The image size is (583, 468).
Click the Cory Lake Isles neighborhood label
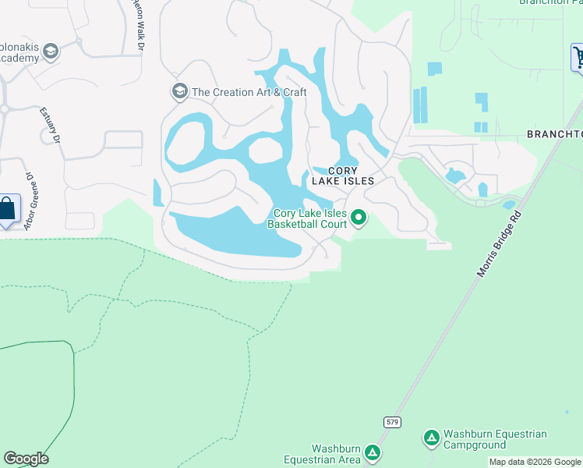(343, 175)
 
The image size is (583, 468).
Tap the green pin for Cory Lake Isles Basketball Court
(359, 218)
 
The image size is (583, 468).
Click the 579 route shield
(392, 421)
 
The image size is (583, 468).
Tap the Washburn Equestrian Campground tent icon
(432, 438)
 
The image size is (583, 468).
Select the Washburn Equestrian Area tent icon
(373, 452)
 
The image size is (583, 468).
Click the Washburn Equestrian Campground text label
(495, 440)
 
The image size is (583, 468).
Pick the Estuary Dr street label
(50, 125)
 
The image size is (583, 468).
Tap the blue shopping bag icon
(8, 208)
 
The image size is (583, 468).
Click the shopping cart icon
(578, 57)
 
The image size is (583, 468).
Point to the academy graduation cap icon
(51, 52)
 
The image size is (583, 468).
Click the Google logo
(26, 459)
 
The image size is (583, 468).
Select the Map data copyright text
(535, 462)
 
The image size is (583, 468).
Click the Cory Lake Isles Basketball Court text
(307, 218)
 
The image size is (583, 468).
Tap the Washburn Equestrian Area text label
(337, 454)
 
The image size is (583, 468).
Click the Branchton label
(554, 134)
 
